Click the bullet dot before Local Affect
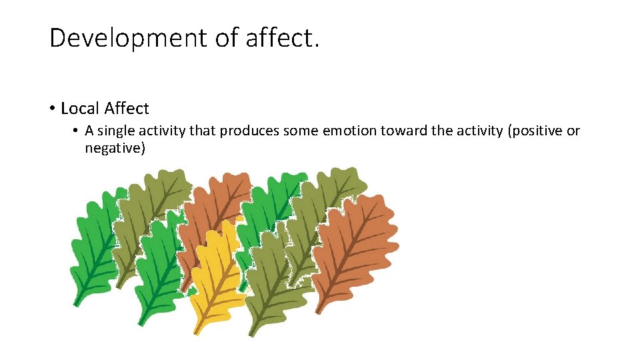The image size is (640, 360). [51, 109]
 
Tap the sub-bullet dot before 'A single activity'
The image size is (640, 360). [77, 131]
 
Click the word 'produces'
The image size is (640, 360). [250, 131]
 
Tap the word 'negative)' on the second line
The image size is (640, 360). [115, 148]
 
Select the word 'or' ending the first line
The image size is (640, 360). [573, 131]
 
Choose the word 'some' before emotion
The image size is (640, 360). [301, 131]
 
